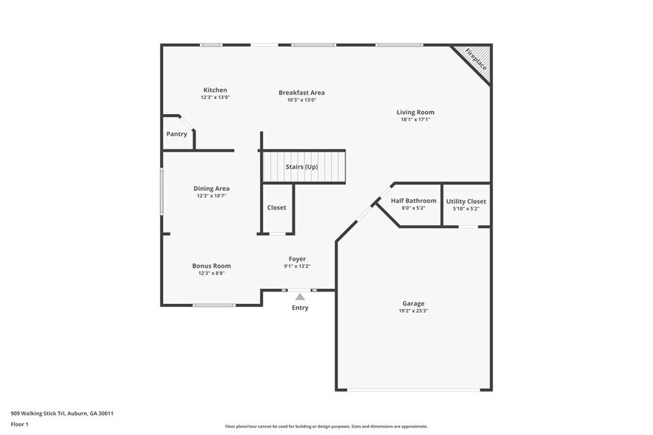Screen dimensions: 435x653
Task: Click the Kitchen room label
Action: coord(215,90)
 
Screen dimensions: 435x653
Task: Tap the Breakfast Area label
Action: coord(301,92)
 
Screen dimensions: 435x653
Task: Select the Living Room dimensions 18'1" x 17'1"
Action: coord(415,119)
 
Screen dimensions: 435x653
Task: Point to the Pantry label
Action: coord(176,134)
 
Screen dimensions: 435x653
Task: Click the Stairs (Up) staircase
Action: coord(302,166)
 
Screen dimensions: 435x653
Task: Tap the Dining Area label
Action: coord(211,189)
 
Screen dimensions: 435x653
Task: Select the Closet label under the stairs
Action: coord(276,208)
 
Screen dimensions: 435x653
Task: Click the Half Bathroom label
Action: coord(413,201)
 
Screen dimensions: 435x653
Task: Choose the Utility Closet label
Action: coord(466,201)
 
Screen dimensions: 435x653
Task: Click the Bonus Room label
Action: coord(211,266)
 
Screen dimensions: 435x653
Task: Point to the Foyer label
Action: coord(297,259)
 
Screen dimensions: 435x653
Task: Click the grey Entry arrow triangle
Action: coord(300,297)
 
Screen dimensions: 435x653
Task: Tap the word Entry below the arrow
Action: coord(300,308)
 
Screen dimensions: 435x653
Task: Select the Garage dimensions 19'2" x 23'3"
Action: coord(413,311)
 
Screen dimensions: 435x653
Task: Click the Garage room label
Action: coord(413,303)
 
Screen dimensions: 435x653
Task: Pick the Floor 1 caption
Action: coord(19,424)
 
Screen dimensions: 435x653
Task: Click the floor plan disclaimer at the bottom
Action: coord(326,426)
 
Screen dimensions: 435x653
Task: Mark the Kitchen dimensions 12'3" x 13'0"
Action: coord(215,98)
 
